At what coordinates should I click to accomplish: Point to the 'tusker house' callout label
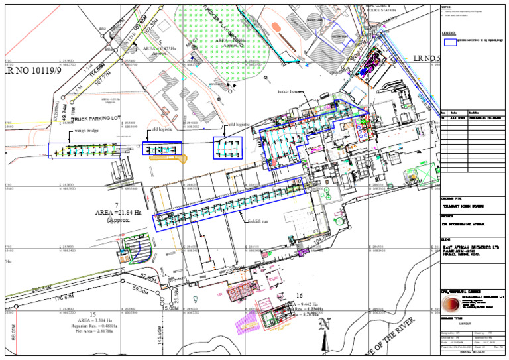(290, 92)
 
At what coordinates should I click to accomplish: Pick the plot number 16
(300, 296)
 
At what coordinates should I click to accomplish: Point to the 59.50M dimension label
(141, 290)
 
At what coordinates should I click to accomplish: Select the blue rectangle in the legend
(450, 41)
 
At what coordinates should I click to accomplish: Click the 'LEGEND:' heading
(450, 31)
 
